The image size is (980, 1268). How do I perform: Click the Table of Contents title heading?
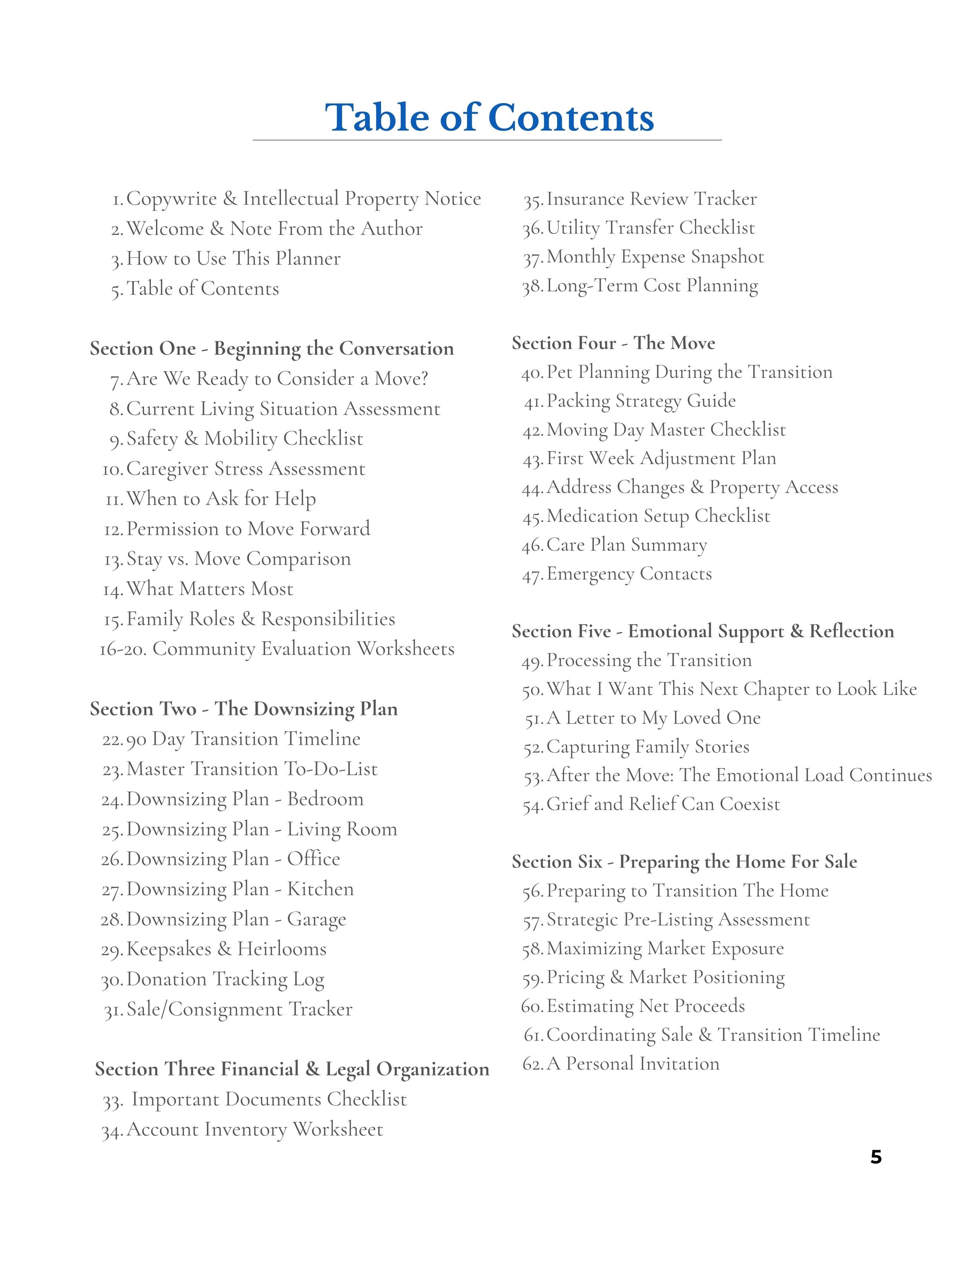489,118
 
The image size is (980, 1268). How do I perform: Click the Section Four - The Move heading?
613,343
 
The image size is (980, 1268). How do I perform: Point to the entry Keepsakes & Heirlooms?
227,949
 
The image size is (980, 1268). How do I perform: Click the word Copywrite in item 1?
171,199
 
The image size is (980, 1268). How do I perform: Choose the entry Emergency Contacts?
629,573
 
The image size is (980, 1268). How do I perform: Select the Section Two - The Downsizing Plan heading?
244,709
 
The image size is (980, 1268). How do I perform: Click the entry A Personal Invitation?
633,1064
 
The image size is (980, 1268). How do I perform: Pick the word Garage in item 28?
316,919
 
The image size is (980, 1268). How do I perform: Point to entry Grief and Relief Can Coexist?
663,804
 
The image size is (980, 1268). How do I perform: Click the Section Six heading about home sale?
684,862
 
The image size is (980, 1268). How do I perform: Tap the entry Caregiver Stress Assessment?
245,468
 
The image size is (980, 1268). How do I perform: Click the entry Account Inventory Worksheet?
255,1129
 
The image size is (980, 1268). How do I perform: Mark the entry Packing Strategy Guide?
641,401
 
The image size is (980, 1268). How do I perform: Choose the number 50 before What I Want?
532,690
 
